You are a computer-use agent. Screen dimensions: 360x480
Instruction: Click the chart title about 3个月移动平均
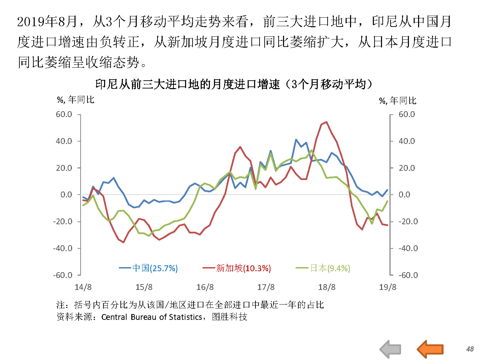(x=233, y=84)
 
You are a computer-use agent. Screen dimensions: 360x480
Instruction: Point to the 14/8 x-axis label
(x=83, y=287)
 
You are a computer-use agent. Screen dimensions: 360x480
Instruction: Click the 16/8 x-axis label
(x=205, y=287)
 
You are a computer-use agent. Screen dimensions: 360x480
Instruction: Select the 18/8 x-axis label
(x=327, y=287)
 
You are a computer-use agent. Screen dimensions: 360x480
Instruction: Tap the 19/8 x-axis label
(x=387, y=287)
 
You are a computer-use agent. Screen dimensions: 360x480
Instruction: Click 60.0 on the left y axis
(x=64, y=114)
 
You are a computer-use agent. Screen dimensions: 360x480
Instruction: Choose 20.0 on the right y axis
(x=407, y=168)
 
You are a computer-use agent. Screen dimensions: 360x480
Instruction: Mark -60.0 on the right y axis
(x=408, y=275)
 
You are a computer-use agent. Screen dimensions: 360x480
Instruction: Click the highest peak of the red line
(x=327, y=122)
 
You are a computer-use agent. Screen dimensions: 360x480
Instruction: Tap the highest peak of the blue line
(x=296, y=140)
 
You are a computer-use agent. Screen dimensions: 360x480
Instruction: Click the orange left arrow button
(x=430, y=349)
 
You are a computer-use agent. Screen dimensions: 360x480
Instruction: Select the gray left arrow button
(x=391, y=349)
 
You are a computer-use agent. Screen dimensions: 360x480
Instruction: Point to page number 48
(x=470, y=349)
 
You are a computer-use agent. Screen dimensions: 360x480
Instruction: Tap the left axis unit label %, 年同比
(x=76, y=100)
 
